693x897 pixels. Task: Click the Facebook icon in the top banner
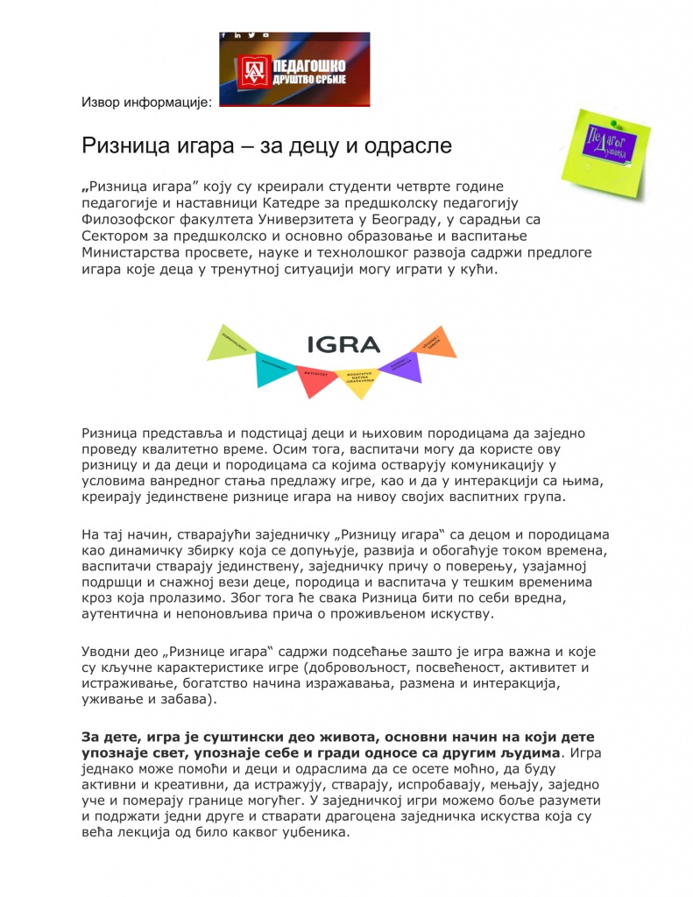pyautogui.click(x=224, y=35)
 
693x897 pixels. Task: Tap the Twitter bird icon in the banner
pyautogui.click(x=250, y=35)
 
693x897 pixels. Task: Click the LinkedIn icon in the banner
pyautogui.click(x=237, y=35)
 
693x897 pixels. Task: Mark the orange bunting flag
pyautogui.click(x=439, y=342)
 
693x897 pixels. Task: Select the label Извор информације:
pyautogui.click(x=146, y=102)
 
